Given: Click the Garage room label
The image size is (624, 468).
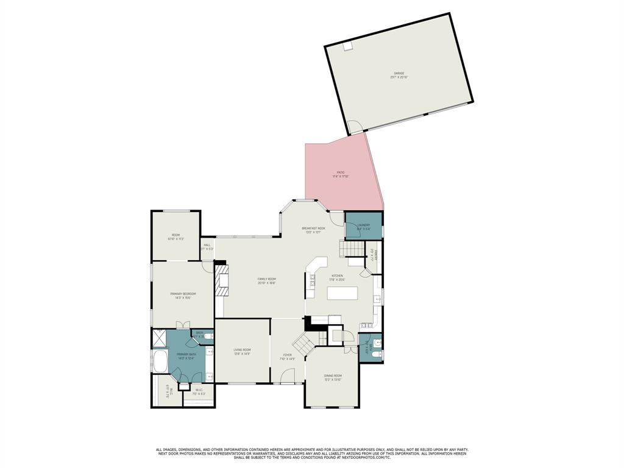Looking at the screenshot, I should click(x=399, y=73).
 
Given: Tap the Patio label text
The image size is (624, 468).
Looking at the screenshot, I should click(x=340, y=172).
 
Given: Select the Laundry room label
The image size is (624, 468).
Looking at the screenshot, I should click(x=364, y=225).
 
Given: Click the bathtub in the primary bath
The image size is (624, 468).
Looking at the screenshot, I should click(x=160, y=363).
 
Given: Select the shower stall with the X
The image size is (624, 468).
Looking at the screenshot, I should click(x=159, y=338).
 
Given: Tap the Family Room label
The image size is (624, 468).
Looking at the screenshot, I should click(x=267, y=279).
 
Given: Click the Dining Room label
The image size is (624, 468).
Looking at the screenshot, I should click(x=333, y=375).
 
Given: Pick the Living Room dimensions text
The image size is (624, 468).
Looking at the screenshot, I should click(x=242, y=354).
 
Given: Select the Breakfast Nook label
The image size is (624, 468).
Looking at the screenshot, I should click(x=314, y=228).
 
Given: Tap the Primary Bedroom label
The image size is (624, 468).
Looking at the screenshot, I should click(x=183, y=294).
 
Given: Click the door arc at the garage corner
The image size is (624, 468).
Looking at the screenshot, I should click(x=355, y=127).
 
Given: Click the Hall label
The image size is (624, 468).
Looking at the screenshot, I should click(x=207, y=245).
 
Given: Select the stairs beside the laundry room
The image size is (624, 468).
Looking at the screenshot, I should click(x=351, y=249).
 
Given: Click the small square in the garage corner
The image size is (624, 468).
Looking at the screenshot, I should click(x=347, y=47).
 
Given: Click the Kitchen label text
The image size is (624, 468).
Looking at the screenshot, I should click(x=338, y=275).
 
